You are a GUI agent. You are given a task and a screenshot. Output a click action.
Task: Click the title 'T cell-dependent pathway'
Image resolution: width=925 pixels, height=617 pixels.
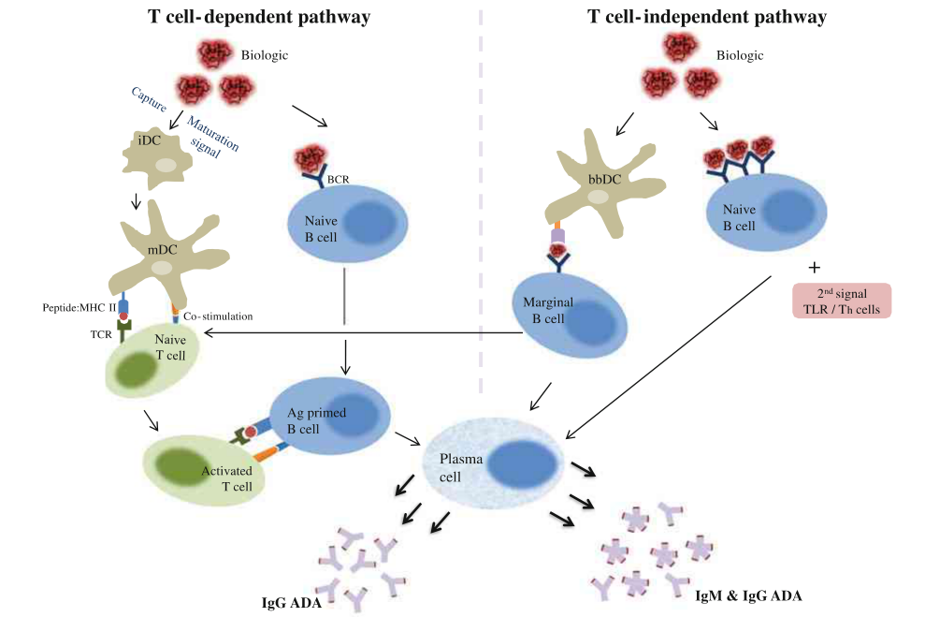[x=259, y=17]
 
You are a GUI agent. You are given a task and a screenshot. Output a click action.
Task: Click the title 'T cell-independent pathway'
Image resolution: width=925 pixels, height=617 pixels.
[x=707, y=17]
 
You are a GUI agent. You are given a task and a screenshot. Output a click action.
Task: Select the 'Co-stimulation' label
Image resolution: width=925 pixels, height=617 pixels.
[x=218, y=316]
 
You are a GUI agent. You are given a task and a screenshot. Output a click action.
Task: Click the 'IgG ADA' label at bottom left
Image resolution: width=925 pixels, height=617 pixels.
[x=292, y=602]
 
